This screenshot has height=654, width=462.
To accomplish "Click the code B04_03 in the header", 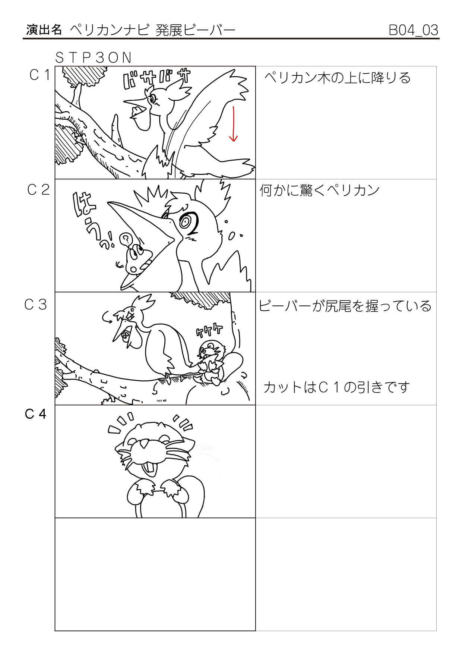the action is pos(413,30).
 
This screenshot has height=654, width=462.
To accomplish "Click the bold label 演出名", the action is pos(44,30).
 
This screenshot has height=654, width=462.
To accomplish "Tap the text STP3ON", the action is pos(94,57).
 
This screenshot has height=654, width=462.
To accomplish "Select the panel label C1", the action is pos(39,75).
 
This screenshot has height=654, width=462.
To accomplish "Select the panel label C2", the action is pos(38,190).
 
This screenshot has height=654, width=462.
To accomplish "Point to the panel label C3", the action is pos(36,305).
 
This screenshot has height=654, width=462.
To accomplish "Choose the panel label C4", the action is pos(35,414).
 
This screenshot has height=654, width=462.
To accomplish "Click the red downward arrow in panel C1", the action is pos(233,124).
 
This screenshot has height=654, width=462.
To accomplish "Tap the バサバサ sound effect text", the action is pos(157,79).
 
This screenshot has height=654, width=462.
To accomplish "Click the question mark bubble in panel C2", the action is pos(126,239).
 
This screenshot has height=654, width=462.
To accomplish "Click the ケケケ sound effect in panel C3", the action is pos(209,331).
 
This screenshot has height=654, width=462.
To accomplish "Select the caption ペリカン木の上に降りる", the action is pos(338,78).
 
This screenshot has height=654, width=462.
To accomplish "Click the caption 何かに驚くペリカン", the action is pos(320,191).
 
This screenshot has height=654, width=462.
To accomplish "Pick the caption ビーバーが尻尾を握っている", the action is pos(345,306).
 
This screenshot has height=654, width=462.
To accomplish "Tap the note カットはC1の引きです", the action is pos(336,387).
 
